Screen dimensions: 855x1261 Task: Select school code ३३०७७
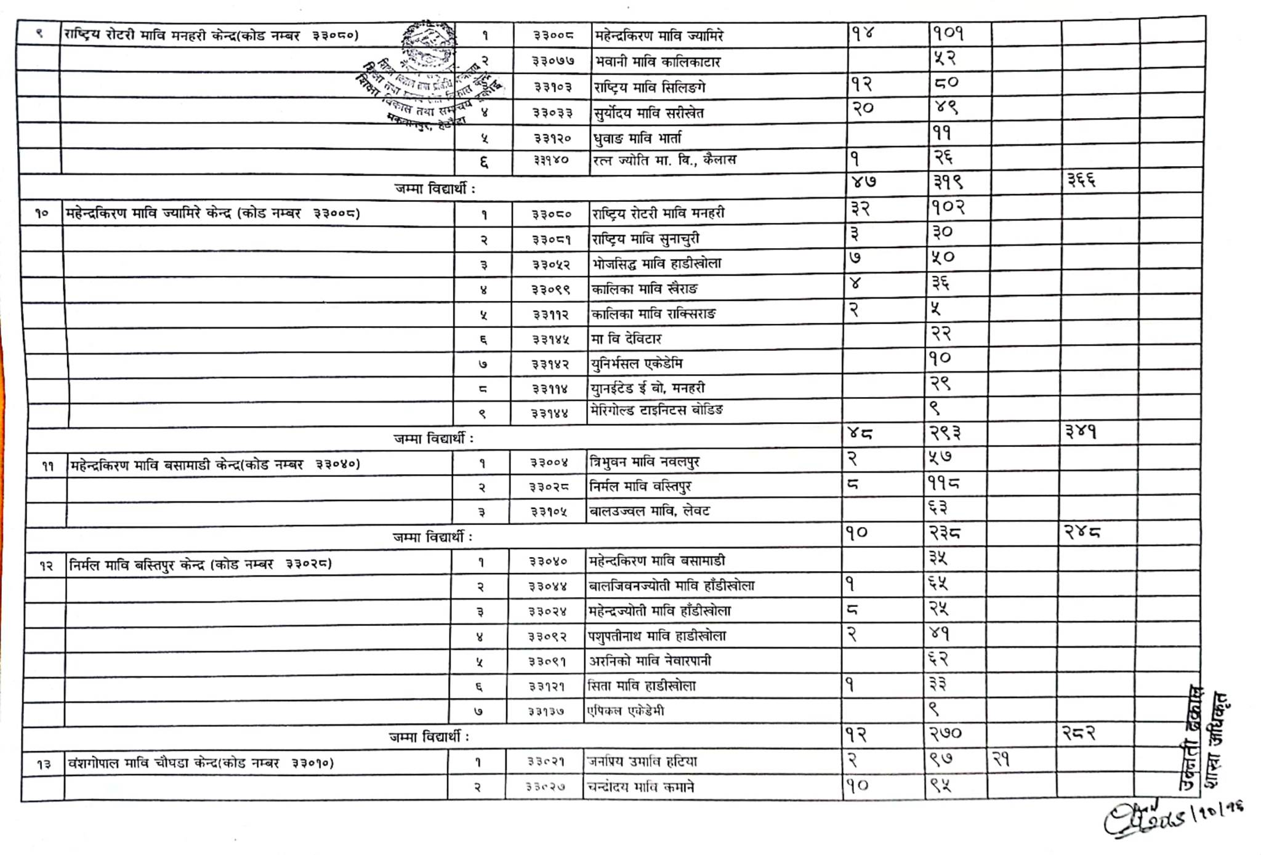(x=553, y=61)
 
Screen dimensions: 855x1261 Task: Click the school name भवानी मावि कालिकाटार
(x=657, y=62)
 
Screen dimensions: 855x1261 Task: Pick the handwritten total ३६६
(x=1081, y=180)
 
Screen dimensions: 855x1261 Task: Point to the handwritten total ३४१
(x=1081, y=432)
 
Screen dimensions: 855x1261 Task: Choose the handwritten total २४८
(x=1082, y=531)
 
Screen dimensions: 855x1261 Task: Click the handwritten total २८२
(x=1079, y=733)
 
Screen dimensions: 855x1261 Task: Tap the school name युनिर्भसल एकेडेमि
(x=637, y=363)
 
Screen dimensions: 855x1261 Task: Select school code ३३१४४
(x=550, y=414)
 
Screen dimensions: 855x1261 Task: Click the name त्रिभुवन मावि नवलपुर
(x=644, y=462)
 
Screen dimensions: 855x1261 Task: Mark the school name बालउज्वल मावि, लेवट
(x=649, y=511)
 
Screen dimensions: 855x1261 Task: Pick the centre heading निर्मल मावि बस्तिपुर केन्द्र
(x=201, y=564)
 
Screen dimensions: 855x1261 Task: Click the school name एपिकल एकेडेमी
(x=626, y=711)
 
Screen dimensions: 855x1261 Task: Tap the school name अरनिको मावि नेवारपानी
(x=650, y=661)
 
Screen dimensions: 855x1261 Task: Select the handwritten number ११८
(x=944, y=484)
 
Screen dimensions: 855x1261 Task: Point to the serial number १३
(x=43, y=765)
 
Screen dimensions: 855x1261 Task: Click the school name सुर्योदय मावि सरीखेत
(x=648, y=113)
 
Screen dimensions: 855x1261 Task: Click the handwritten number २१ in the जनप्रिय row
(x=1001, y=760)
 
